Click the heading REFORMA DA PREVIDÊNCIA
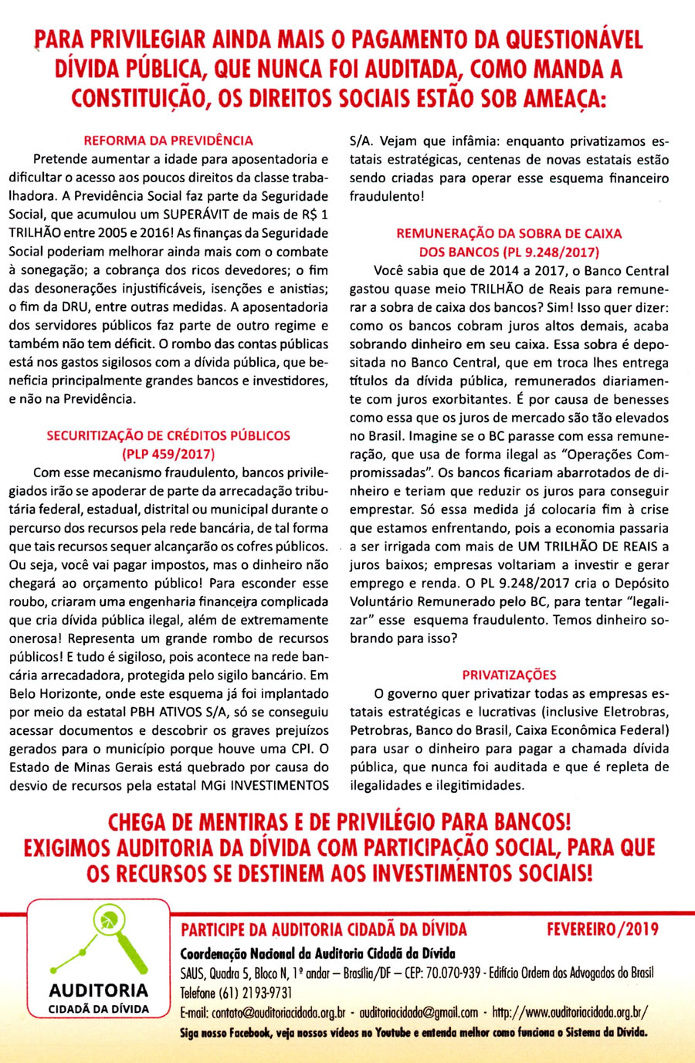click(x=168, y=140)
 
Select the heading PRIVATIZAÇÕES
click(x=509, y=675)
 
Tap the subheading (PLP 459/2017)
click(x=168, y=454)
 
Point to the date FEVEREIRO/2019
click(x=602, y=929)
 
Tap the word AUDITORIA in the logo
click(x=99, y=990)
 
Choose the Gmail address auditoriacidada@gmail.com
click(x=419, y=1012)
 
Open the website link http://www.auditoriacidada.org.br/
click(x=570, y=1012)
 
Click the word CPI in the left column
click(x=301, y=749)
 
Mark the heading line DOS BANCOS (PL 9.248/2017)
click(x=509, y=252)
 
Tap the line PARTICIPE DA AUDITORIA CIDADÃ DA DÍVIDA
click(x=324, y=929)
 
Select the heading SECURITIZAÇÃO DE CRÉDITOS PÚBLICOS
click(x=168, y=435)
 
